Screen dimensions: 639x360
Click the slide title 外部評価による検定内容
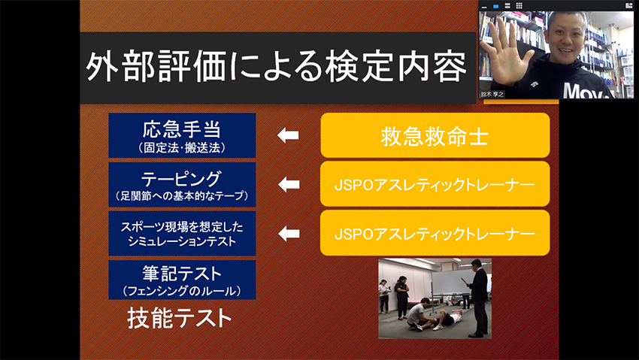(277, 67)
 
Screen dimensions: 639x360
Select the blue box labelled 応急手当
(182, 135)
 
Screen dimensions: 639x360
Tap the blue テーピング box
(182, 184)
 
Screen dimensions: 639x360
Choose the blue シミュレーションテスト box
(182, 233)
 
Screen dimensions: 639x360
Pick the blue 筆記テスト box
(182, 280)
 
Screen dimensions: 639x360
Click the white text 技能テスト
(180, 318)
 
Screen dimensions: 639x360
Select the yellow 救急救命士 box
(435, 135)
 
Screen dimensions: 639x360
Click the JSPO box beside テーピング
(435, 184)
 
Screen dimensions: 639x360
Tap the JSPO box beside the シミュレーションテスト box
(435, 233)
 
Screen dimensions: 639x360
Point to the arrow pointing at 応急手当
(288, 135)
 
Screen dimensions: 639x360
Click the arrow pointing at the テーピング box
(289, 184)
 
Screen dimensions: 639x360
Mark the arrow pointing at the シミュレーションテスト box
(289, 234)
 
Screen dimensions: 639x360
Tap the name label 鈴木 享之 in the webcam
(492, 94)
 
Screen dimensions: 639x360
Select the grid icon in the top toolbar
(519, 5)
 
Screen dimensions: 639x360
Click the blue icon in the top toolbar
(496, 6)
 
